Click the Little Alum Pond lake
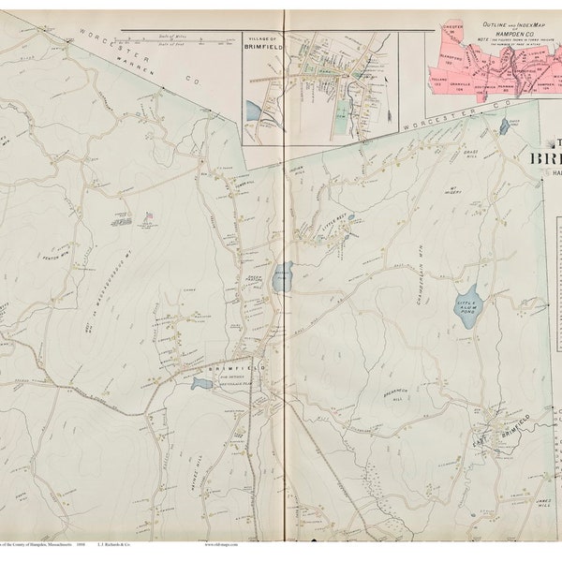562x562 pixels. point(466,305)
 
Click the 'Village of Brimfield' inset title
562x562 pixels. point(263,49)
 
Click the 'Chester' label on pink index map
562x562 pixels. point(451,43)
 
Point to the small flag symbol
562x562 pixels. point(147,215)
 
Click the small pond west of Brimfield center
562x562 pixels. point(200,383)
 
